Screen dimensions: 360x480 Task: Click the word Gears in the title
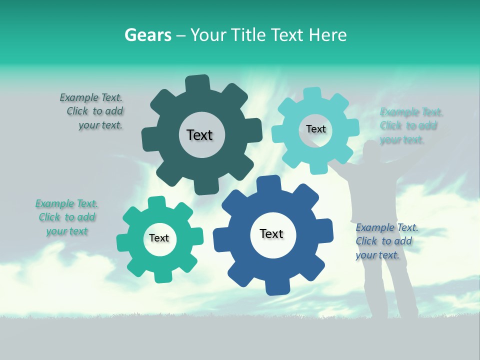point(148,35)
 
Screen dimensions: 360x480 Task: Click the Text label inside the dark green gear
point(199,135)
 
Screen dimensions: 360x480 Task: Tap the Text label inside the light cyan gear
point(315,129)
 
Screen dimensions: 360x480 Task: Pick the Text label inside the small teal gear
point(159,238)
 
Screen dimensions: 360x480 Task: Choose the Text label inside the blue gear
point(271,233)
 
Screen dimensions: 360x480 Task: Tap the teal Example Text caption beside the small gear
point(67,217)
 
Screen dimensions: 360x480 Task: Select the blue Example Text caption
point(386,241)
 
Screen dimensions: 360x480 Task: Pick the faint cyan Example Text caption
point(410,125)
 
